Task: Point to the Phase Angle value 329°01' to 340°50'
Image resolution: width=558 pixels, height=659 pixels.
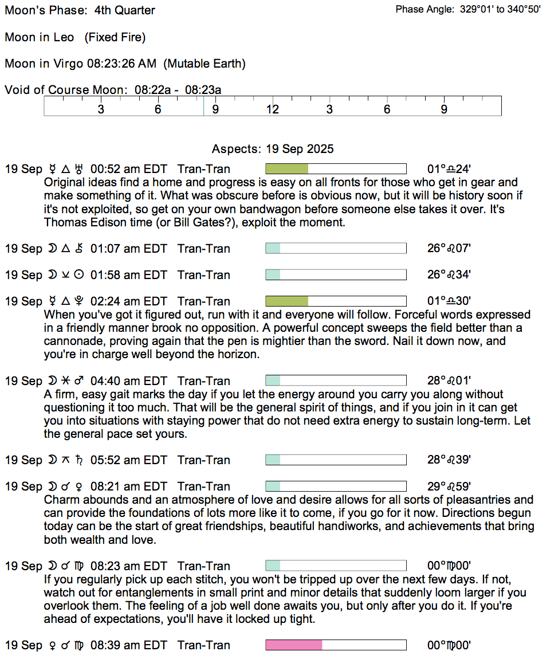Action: pos(500,10)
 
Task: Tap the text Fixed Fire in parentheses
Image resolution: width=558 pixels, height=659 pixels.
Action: pos(115,37)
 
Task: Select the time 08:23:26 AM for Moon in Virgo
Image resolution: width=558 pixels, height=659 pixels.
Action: pos(123,64)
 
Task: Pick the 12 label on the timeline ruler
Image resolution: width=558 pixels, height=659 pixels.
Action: pos(272,109)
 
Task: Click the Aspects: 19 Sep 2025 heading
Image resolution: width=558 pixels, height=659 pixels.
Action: pos(273,149)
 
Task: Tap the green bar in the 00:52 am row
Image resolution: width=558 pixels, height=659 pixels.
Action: pos(287,169)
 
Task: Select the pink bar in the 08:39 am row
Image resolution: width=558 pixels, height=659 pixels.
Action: pos(294,645)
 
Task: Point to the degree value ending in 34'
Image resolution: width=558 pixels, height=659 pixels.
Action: pos(449,275)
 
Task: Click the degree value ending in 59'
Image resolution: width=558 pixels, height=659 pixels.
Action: pos(449,487)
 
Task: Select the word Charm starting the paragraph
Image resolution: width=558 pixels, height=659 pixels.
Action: pos(60,500)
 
